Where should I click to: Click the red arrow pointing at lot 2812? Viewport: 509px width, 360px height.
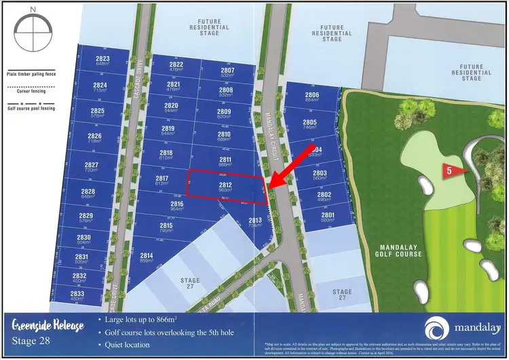click(x=290, y=165)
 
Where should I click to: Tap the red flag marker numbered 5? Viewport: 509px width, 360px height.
click(x=453, y=170)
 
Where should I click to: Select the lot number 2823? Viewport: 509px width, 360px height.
click(x=102, y=59)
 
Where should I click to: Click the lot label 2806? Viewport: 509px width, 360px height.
click(x=312, y=95)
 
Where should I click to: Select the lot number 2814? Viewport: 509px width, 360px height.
click(x=147, y=256)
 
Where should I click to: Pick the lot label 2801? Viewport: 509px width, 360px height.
click(x=328, y=215)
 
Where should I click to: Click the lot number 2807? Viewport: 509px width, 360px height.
click(x=227, y=71)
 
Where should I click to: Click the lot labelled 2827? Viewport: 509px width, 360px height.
click(x=91, y=165)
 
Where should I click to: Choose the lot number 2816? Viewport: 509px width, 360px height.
click(x=177, y=204)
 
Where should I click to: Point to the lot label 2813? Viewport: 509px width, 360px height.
click(x=255, y=221)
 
